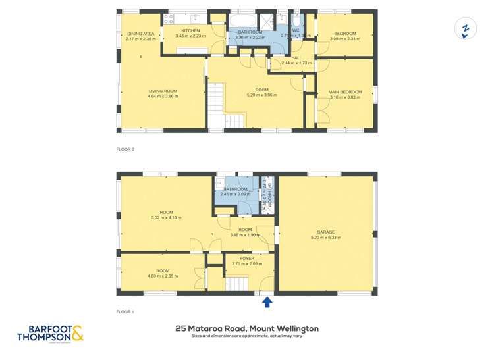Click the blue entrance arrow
pyautogui.click(x=267, y=302)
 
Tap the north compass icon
pyautogui.click(x=466, y=30)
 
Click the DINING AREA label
pyautogui.click(x=141, y=34)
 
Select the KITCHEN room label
pyautogui.click(x=190, y=30)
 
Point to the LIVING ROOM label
pyautogui.click(x=163, y=91)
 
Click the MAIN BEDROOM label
pyautogui.click(x=346, y=92)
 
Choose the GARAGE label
pyautogui.click(x=325, y=232)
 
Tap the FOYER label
pyautogui.click(x=247, y=259)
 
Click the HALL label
pyautogui.click(x=296, y=57)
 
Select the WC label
pyautogui.click(x=296, y=30)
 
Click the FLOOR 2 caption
pyautogui.click(x=125, y=149)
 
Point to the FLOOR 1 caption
pyautogui.click(x=125, y=311)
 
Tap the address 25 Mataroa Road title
pyautogui.click(x=246, y=328)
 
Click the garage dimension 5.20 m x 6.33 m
pyautogui.click(x=325, y=238)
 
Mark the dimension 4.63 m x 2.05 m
pyautogui.click(x=162, y=276)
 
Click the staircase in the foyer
pyautogui.click(x=238, y=284)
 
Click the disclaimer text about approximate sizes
pyautogui.click(x=246, y=336)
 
